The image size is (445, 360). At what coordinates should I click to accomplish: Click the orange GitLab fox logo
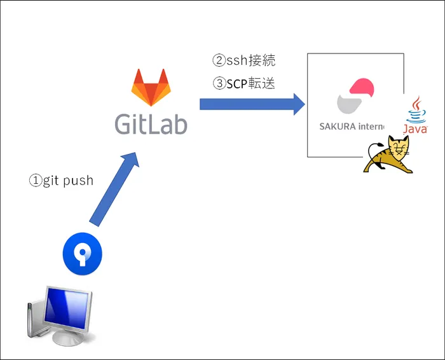point(151,87)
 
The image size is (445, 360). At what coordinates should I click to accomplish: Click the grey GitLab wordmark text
point(151,123)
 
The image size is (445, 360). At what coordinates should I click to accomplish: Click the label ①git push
point(61,181)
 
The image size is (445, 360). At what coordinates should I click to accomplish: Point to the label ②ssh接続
point(243,61)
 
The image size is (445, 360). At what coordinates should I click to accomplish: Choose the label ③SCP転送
point(243,83)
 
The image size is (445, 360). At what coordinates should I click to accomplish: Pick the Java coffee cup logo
point(417,109)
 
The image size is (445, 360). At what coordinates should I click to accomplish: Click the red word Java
point(415,129)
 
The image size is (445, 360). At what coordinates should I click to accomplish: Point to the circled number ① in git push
point(35,181)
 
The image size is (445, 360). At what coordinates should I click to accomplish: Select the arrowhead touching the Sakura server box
point(298,104)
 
